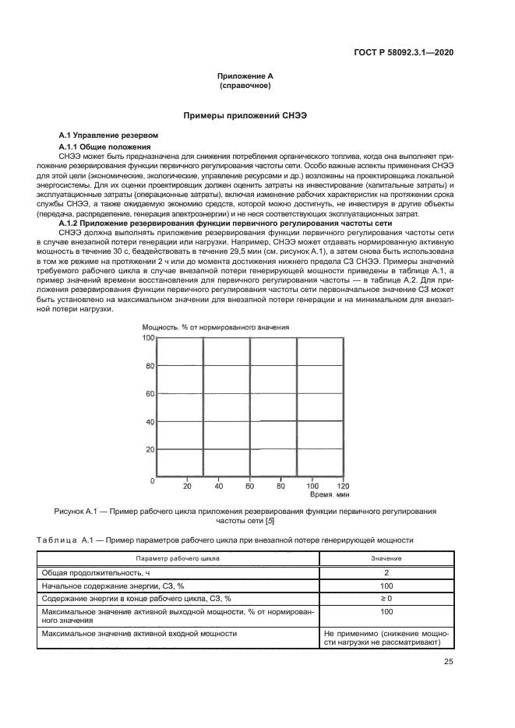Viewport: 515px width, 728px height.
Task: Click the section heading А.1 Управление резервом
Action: point(108,135)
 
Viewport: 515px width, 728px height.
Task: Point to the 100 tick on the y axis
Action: point(147,338)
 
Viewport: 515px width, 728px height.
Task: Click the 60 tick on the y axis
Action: point(149,394)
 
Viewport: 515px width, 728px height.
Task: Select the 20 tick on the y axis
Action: point(149,450)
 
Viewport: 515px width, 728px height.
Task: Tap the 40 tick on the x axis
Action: point(218,487)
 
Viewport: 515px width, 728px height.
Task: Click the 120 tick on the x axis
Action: point(342,487)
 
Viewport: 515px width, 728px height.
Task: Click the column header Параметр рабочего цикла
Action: point(178,559)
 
